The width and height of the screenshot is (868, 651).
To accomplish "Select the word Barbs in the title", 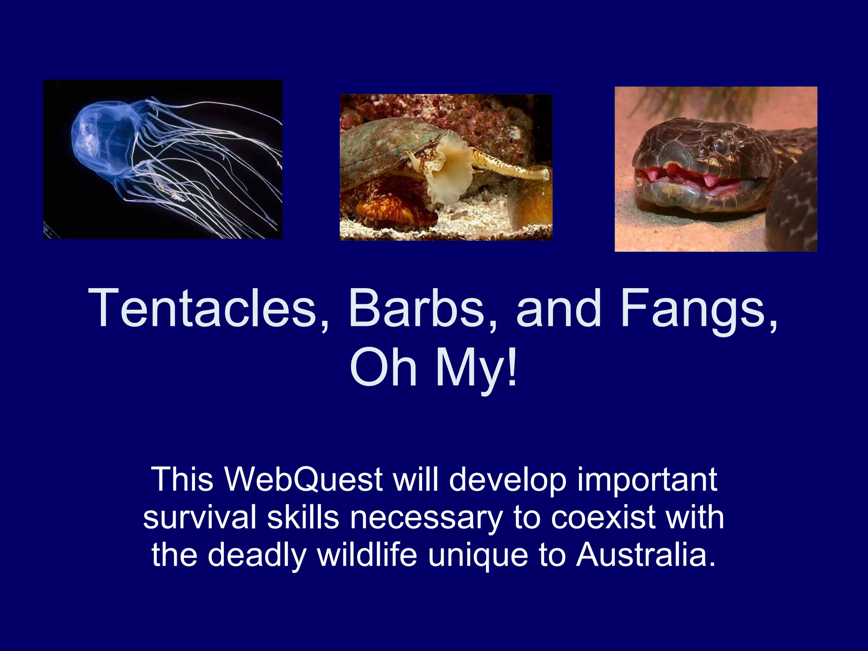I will point(416,309).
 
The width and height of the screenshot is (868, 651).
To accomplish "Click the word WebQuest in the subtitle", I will point(303,479).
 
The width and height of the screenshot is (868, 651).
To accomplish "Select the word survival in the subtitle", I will point(199,517).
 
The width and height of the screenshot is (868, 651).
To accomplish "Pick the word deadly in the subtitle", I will point(257,555).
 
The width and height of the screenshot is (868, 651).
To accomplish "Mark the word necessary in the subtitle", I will point(426,517).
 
